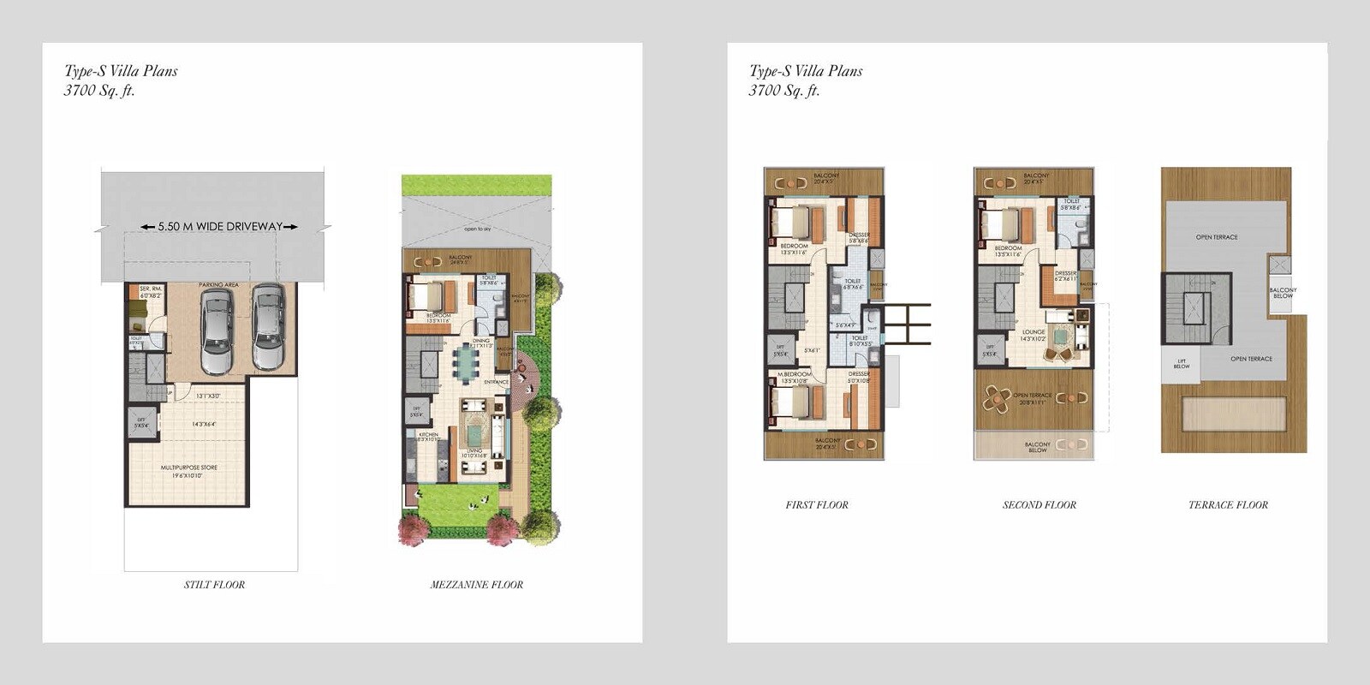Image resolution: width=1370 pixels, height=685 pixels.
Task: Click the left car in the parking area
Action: click(x=217, y=331)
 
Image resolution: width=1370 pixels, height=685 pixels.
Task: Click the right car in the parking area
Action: click(x=268, y=326)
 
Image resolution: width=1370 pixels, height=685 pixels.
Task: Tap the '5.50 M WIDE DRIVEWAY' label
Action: click(x=220, y=227)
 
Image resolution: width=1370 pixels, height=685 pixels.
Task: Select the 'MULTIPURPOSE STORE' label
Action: click(x=188, y=468)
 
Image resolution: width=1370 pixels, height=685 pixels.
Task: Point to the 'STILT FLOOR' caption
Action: click(x=214, y=585)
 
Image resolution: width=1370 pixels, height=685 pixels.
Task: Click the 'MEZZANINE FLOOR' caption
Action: click(x=476, y=585)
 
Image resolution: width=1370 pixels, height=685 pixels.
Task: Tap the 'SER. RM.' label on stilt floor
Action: click(x=151, y=289)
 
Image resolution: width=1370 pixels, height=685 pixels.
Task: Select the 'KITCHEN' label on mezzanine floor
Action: click(x=428, y=435)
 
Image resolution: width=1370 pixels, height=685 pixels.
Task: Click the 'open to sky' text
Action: click(x=478, y=229)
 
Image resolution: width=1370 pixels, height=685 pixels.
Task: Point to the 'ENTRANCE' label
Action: click(x=496, y=382)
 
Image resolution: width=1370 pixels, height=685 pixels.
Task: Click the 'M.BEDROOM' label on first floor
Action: click(x=795, y=374)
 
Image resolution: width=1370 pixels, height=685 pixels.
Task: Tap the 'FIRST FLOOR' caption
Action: click(x=817, y=505)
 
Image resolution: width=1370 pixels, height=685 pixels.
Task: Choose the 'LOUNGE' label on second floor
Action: click(x=1033, y=331)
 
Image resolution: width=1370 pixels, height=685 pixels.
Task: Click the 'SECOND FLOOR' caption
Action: click(x=1039, y=505)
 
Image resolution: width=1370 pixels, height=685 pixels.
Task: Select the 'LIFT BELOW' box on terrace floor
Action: click(x=1181, y=363)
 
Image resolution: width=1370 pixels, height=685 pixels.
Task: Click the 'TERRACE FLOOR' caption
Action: click(x=1228, y=505)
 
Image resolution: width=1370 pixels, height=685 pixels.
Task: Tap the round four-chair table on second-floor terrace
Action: click(x=997, y=397)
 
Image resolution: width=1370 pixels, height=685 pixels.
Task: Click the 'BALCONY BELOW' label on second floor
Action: click(x=1037, y=447)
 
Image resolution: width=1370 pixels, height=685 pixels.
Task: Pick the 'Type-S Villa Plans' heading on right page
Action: click(x=806, y=71)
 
